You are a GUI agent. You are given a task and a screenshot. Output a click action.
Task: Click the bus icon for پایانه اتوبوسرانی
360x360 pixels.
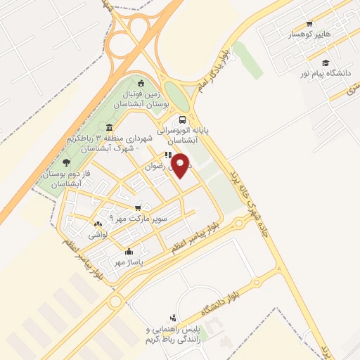(x=182, y=120)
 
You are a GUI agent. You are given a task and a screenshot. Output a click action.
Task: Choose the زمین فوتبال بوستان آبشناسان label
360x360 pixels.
(x=143, y=98)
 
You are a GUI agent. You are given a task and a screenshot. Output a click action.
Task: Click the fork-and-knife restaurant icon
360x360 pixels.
(x=167, y=156)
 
